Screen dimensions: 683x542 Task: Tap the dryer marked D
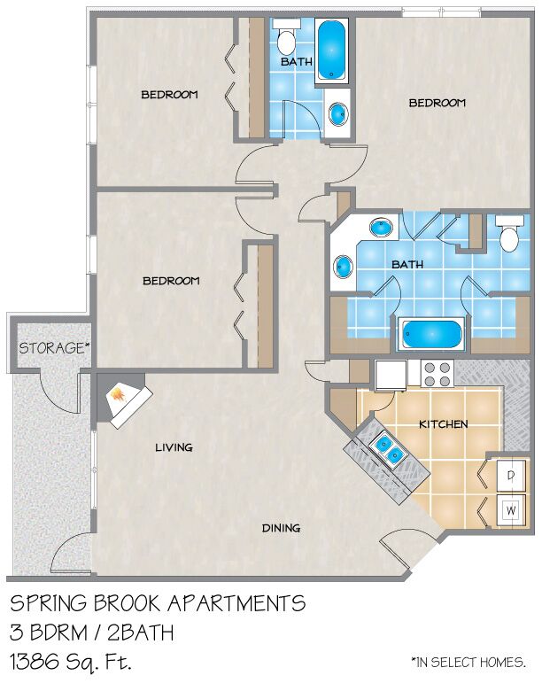tap(511, 476)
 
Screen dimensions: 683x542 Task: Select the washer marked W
tap(511, 510)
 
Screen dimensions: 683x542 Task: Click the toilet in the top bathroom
tap(285, 38)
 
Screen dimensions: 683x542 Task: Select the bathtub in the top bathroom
tap(331, 50)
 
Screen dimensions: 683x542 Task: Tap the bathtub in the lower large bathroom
tap(431, 335)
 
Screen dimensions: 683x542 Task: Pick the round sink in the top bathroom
tap(338, 113)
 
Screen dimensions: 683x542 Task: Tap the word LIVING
tap(174, 447)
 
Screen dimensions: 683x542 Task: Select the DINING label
tap(281, 528)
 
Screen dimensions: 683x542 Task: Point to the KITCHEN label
tap(443, 424)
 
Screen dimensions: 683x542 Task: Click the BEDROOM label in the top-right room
tap(437, 103)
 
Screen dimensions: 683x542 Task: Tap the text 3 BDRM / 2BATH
tap(92, 633)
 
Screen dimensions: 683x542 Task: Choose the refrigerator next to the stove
tap(391, 376)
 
